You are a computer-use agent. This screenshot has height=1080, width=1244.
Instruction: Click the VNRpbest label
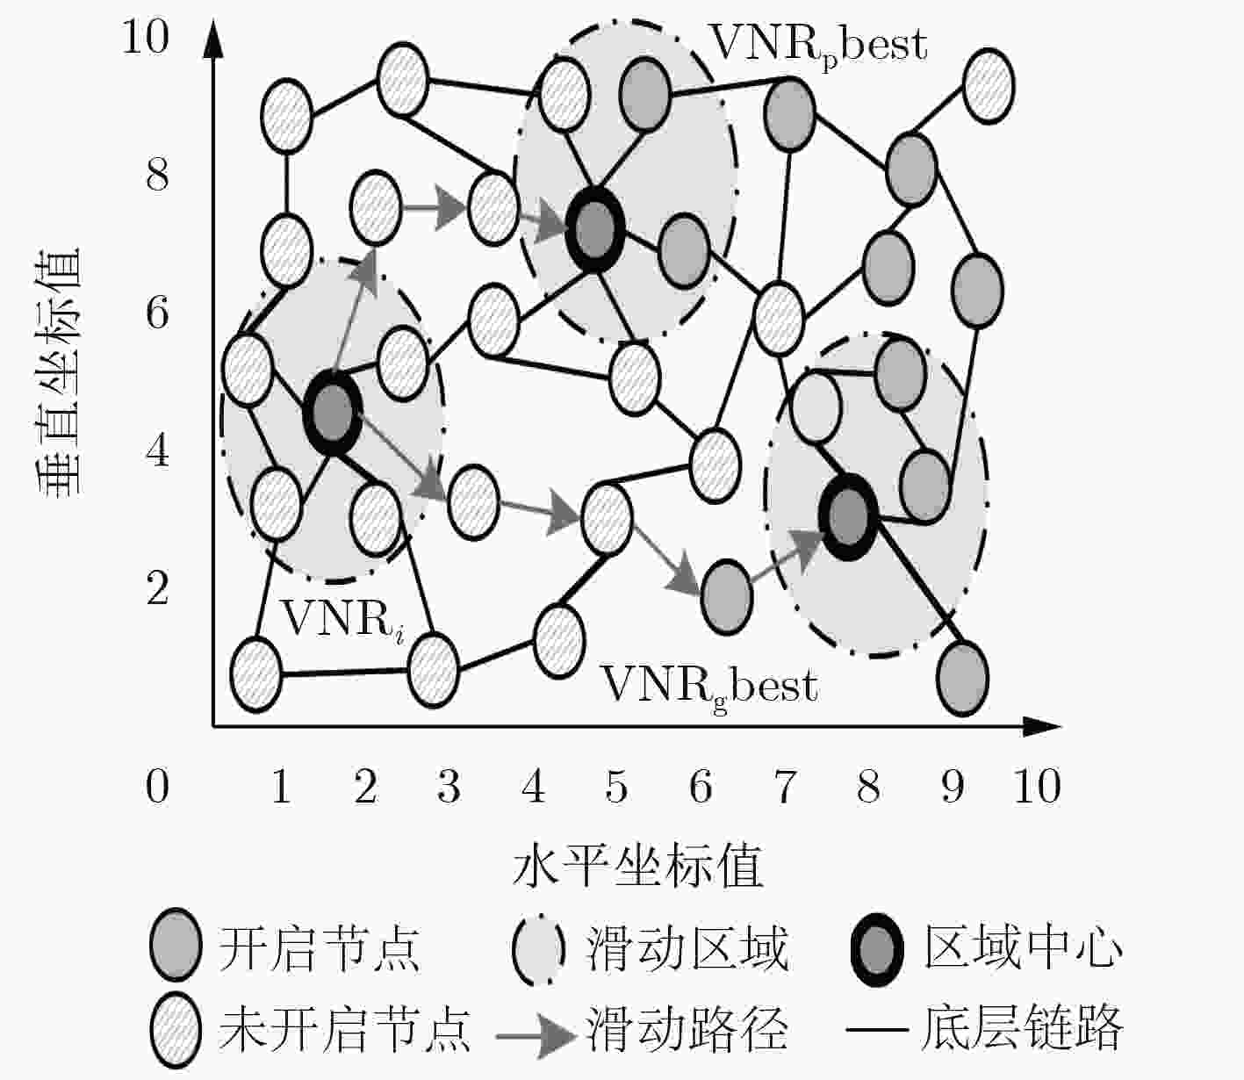818,47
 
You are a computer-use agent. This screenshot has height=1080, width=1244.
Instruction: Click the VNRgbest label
709,688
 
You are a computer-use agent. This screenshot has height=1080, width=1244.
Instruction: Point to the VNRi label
343,620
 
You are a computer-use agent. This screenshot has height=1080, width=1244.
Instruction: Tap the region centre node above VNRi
332,413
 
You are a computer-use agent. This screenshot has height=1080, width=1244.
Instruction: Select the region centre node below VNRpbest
594,230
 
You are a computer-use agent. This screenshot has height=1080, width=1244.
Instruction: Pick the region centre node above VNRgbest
847,517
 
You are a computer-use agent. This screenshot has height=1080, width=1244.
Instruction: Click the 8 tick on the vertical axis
157,174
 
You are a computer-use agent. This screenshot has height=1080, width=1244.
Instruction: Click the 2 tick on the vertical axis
157,587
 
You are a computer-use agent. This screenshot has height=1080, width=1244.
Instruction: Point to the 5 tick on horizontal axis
616,786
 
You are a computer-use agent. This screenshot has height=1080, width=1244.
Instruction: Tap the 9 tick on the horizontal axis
953,786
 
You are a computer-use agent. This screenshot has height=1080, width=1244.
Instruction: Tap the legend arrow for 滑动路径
535,1035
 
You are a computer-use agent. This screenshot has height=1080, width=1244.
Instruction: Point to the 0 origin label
157,786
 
